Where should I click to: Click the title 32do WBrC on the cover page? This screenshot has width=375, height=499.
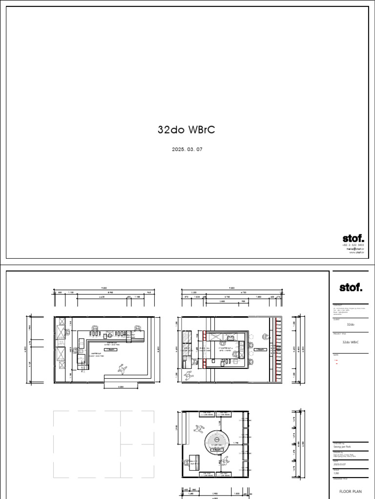187,130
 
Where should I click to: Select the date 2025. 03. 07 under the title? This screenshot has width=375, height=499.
187,150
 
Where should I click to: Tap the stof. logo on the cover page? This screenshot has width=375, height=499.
353,238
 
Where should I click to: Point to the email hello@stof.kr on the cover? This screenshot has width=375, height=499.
355,249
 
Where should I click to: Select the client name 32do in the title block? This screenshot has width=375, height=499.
351,324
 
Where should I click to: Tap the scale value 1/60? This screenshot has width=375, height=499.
336,473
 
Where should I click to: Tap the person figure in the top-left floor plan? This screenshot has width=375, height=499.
121,369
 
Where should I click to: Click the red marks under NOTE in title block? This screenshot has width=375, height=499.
336,362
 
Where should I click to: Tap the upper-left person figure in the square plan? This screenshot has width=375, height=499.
198,429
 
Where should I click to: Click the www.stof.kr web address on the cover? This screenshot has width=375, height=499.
357,252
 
